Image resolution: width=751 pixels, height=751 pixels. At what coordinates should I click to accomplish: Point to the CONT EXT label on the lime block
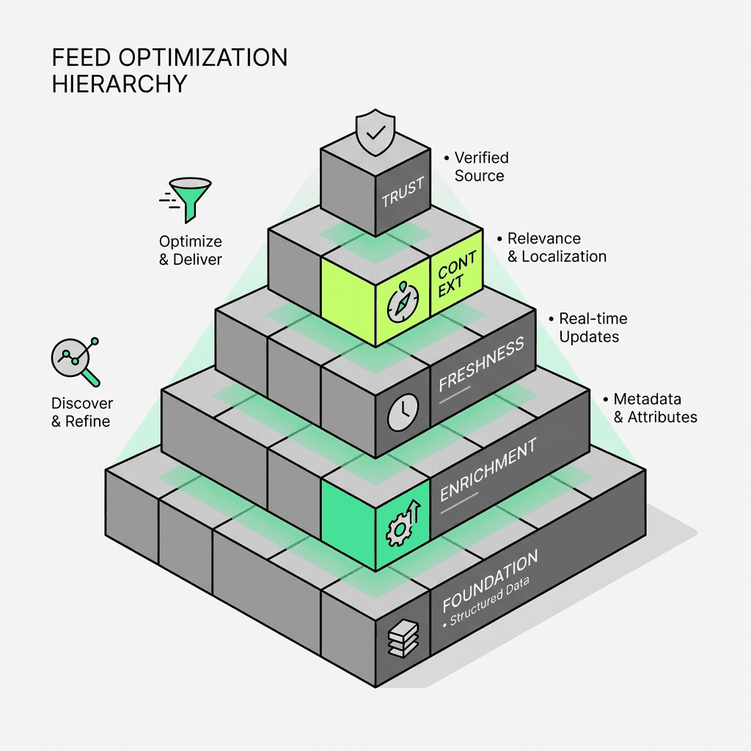[456, 272]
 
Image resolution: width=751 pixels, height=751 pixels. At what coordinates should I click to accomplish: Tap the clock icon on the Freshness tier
[403, 412]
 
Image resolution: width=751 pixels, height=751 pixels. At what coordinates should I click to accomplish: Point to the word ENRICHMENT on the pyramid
[488, 470]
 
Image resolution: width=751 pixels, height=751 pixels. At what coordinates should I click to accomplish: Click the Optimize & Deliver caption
[190, 250]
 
